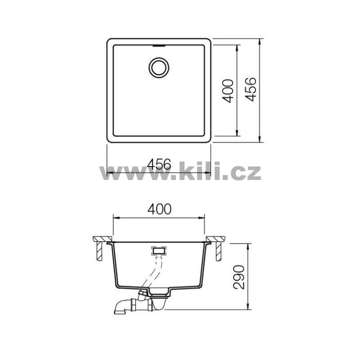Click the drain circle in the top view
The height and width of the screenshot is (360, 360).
pyautogui.click(x=159, y=58)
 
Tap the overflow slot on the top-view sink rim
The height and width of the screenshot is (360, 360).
pyautogui.click(x=159, y=46)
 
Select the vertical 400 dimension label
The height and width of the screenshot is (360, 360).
pyautogui.click(x=228, y=91)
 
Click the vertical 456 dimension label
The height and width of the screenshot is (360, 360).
pyautogui.click(x=250, y=89)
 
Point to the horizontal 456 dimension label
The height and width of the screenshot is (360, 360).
pyautogui.click(x=159, y=164)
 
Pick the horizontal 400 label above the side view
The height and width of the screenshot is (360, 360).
pyautogui.click(x=159, y=209)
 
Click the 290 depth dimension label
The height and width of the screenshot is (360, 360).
pyautogui.click(x=239, y=277)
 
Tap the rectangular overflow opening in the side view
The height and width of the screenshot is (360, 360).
pyautogui.click(x=158, y=251)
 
